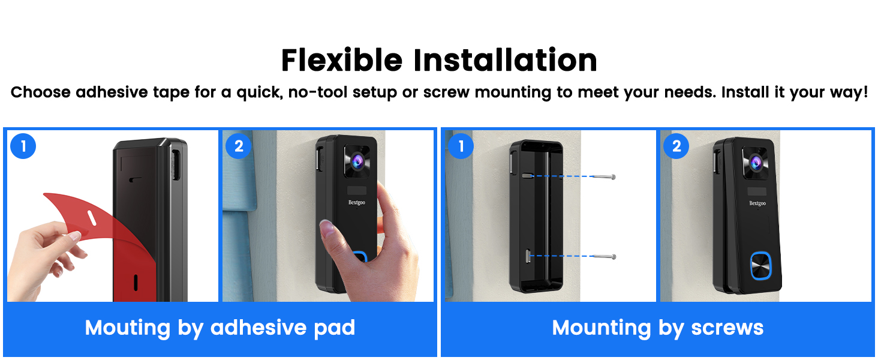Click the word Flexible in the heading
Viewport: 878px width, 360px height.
342,61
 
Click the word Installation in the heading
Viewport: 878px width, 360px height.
505,61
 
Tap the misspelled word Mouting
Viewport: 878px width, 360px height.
127,328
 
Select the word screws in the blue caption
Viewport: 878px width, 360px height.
727,328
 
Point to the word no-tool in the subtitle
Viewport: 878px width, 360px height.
317,92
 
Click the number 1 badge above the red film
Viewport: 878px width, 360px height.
23,146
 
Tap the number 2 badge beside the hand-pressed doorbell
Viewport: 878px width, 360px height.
239,146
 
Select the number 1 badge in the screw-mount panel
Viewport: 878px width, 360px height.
461,146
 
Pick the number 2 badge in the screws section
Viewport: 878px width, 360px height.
676,146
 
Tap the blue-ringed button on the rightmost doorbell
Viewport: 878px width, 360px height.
761,266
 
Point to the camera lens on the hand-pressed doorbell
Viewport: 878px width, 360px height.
357,161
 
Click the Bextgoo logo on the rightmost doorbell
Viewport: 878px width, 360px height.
757,203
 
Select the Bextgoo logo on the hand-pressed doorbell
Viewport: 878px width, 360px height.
357,202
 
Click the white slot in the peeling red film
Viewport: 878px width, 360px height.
91,218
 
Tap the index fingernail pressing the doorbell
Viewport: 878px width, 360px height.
326,226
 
